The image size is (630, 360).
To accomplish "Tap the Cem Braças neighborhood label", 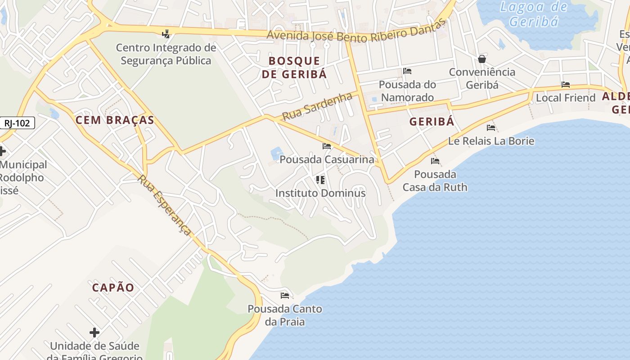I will point(115,120).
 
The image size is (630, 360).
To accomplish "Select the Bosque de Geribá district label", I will point(294,67).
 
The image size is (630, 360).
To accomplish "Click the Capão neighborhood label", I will point(113,288).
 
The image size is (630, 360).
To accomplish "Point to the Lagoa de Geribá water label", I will point(534,14).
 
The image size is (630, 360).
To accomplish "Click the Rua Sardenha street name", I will point(316,107).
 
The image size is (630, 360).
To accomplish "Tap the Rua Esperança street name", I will point(165,205).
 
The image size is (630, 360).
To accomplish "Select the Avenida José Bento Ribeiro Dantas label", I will point(355,32).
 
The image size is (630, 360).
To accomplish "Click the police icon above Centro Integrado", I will point(166,34).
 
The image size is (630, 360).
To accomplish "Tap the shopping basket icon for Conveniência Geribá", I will point(482,59).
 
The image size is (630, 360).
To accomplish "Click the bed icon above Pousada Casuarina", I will point(327,146).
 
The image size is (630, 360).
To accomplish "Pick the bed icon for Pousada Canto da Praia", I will point(285,296).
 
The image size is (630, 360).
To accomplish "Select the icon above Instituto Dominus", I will point(320,180).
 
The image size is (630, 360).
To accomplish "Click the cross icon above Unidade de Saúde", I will point(94,333).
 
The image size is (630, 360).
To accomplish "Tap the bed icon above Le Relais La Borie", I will point(491,128).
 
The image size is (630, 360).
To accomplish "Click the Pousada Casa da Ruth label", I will point(435,180).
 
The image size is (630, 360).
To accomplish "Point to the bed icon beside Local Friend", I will point(566,85).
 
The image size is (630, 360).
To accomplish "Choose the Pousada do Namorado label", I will point(407,91).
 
